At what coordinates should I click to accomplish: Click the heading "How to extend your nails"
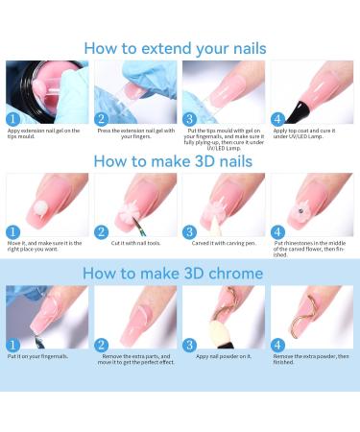click(180, 47)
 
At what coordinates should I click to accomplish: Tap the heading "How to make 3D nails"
click(180, 160)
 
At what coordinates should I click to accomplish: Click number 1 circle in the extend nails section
click(13, 119)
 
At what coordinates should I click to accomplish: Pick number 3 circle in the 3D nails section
click(190, 231)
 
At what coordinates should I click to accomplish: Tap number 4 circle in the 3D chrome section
click(278, 344)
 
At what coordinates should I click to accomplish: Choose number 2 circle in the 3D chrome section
click(102, 344)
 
